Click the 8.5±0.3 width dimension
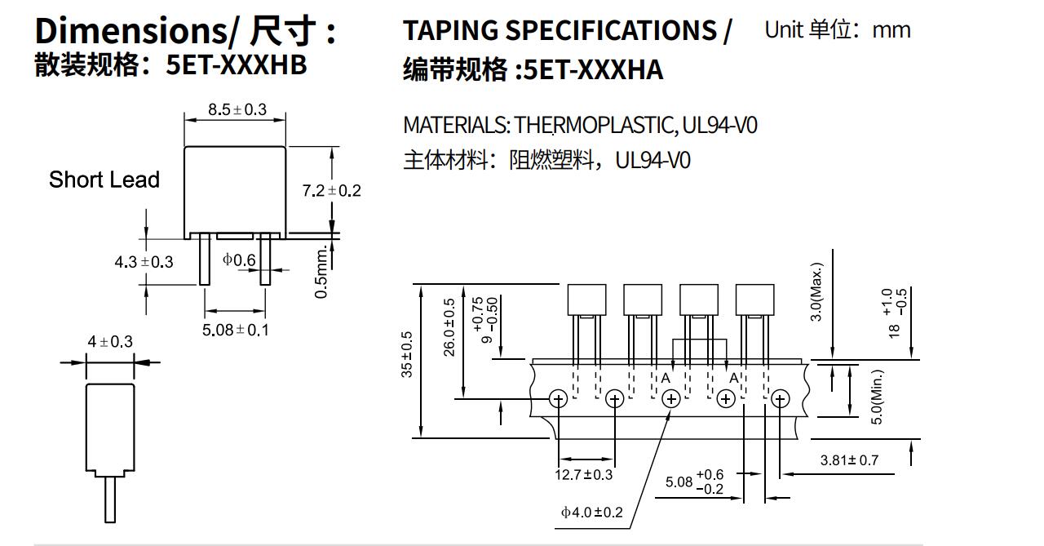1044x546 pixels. tap(237, 109)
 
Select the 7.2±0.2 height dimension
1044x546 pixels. tap(331, 190)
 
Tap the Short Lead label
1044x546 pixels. tap(104, 180)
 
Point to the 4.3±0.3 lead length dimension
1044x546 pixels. tap(144, 262)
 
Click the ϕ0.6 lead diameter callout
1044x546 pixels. tap(239, 260)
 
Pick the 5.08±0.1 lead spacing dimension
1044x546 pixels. tap(235, 330)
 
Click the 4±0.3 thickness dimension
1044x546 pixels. tap(110, 341)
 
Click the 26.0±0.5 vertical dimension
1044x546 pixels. tap(449, 326)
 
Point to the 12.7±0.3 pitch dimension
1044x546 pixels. tap(583, 474)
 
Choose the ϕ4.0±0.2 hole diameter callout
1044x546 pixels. tap(591, 512)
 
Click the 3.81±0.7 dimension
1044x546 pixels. tap(849, 460)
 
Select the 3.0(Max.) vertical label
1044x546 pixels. tap(816, 291)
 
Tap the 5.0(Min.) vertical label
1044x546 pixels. tap(878, 397)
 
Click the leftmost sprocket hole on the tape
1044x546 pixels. tap(559, 398)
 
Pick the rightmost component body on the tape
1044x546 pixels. tap(754, 299)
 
